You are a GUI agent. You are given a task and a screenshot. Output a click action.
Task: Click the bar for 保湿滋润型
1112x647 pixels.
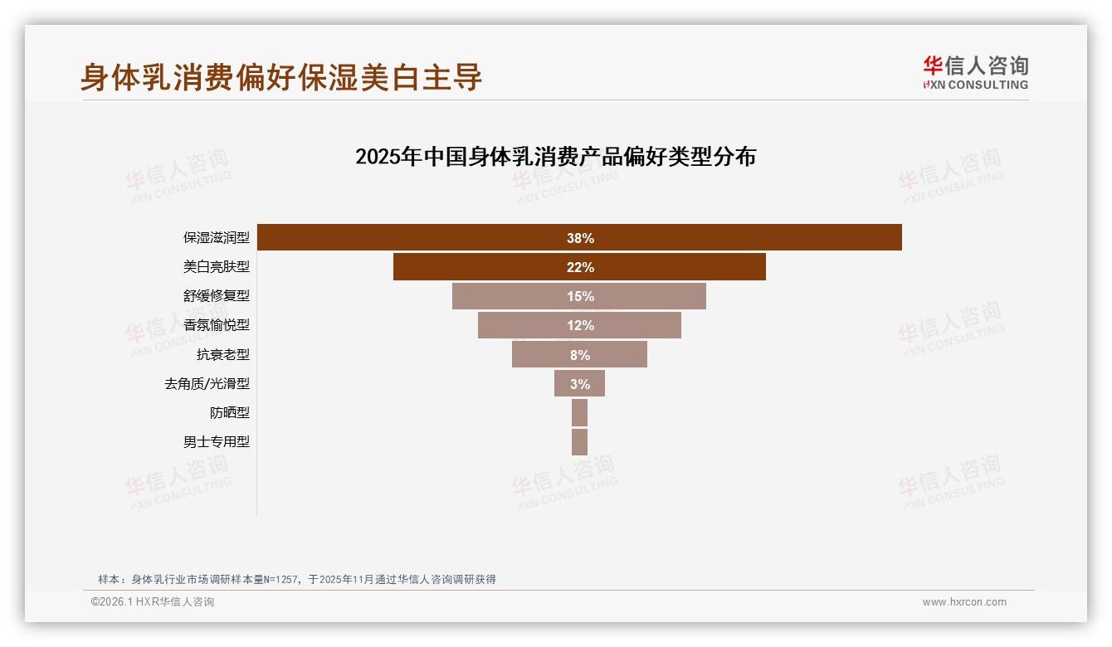click(x=415, y=238)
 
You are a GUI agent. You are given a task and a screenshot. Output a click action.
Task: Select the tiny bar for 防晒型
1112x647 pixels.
click(x=579, y=412)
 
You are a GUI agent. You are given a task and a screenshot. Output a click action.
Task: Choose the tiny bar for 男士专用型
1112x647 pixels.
click(x=579, y=441)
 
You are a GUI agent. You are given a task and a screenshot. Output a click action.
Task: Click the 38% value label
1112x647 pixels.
click(x=580, y=238)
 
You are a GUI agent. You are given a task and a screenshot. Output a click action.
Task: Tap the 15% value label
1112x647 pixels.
click(x=580, y=296)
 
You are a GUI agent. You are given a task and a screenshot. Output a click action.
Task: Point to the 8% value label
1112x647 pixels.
click(x=580, y=354)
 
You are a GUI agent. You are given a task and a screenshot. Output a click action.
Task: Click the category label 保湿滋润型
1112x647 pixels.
click(x=216, y=238)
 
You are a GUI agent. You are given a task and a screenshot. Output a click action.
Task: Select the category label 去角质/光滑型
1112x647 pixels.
click(x=207, y=383)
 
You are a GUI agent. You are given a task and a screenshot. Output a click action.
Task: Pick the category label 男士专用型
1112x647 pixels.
click(x=216, y=441)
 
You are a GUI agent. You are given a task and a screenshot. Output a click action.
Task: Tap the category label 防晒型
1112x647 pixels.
click(x=229, y=412)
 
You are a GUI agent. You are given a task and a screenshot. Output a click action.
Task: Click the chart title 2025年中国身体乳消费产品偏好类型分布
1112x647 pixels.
click(x=555, y=157)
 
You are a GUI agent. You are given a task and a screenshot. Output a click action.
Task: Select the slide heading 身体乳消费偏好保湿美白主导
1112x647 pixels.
click(x=281, y=77)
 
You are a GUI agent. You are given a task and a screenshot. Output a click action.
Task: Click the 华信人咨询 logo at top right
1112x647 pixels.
click(x=975, y=72)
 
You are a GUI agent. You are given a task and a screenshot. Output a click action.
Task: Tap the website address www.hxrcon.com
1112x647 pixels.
click(x=964, y=602)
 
